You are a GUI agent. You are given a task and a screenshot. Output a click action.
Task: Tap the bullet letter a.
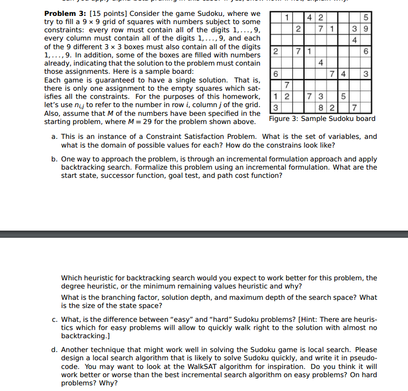click(x=54, y=137)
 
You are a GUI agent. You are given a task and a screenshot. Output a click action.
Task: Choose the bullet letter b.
click(x=54, y=159)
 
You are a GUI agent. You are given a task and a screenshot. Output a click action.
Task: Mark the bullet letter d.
click(x=54, y=350)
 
